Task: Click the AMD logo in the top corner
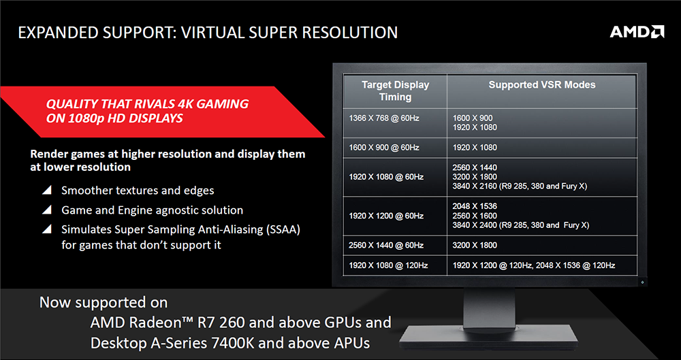636,31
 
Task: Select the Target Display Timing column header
395,91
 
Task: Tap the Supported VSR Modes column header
541,85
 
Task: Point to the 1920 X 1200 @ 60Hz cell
385,216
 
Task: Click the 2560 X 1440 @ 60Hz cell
385,245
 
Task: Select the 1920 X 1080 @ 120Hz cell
387,265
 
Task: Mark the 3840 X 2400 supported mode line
521,225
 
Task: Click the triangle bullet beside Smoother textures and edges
46,191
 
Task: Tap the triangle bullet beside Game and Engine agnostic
46,210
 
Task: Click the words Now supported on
103,302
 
